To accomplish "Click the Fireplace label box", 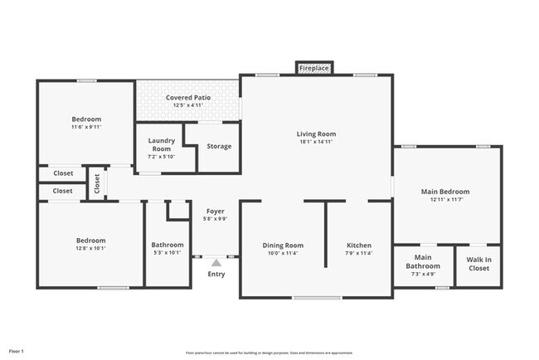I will [314, 66].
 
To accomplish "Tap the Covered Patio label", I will [187, 97].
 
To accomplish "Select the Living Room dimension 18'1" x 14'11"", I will [316, 142].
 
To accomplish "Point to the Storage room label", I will [219, 147].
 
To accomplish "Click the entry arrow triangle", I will [216, 262].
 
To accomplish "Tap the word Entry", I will [216, 274].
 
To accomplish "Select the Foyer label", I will [216, 212].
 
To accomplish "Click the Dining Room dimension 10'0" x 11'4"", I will [283, 254].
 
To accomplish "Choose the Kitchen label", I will [358, 246].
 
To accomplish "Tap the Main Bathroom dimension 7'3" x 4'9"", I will [423, 275].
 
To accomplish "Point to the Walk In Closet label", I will [478, 264].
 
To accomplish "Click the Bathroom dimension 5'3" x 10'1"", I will [168, 254].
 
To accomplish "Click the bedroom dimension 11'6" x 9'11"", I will [85, 128].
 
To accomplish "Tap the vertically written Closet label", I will [96, 182].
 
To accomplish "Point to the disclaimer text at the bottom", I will [269, 353].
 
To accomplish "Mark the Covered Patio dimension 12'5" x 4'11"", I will [187, 105].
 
